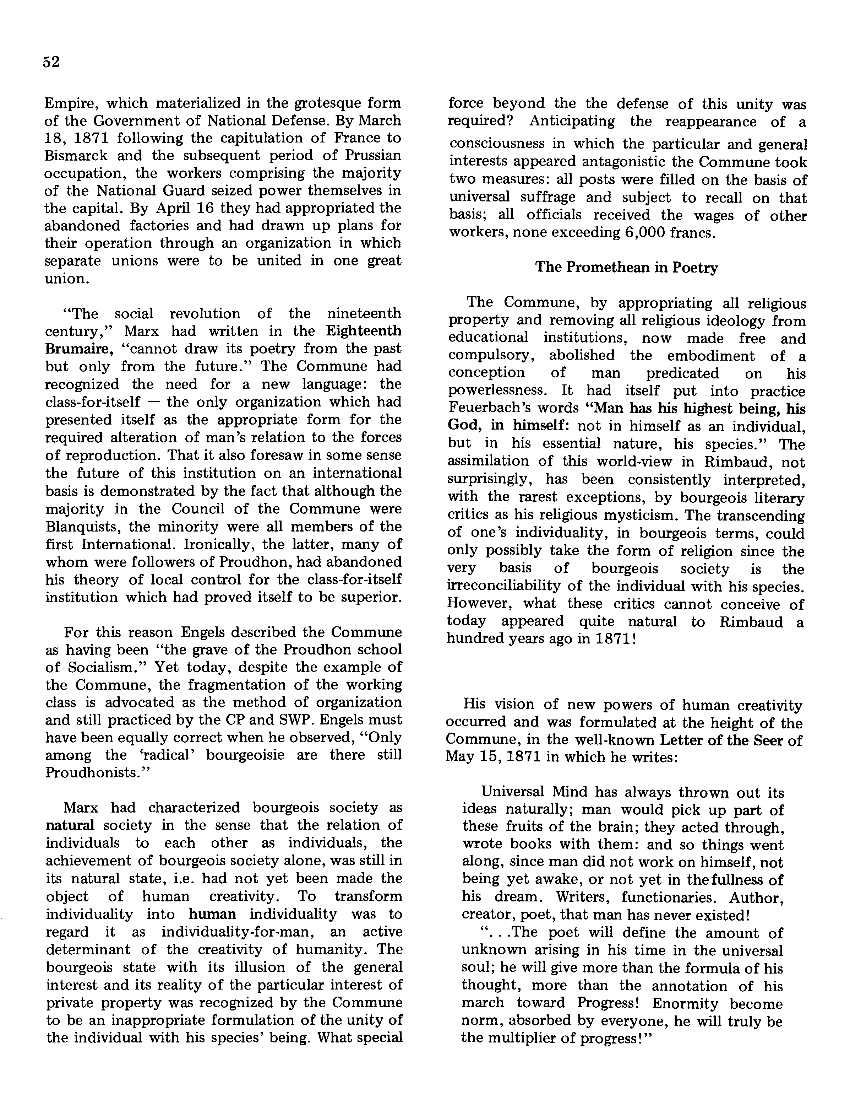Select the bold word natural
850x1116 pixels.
(x=70, y=825)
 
